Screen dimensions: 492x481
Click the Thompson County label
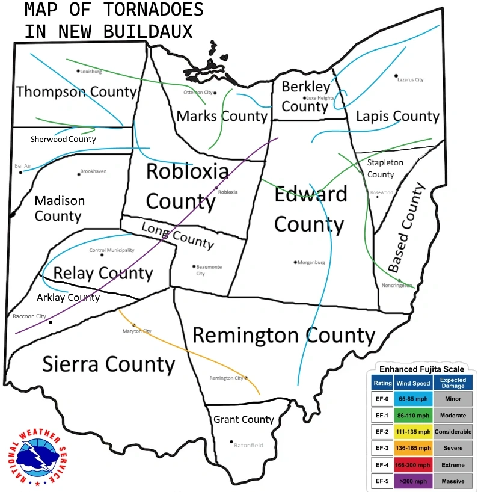tap(77, 92)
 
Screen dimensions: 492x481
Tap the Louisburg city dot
tap(78, 70)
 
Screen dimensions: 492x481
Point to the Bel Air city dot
tap(20, 173)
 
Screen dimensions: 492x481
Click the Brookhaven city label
tap(93, 171)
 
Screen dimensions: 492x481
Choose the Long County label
tap(177, 235)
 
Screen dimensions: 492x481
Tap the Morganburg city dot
tap(295, 262)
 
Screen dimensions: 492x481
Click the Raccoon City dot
tap(51, 322)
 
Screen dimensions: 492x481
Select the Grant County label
tap(244, 419)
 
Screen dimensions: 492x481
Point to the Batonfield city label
tap(249, 445)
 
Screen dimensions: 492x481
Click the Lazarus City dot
tap(396, 76)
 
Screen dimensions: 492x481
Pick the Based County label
tap(406, 228)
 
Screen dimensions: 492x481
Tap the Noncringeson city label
tap(397, 286)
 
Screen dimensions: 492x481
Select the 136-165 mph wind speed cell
tap(412, 448)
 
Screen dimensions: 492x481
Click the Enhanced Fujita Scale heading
tap(420, 368)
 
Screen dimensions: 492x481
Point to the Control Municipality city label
tap(112, 250)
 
